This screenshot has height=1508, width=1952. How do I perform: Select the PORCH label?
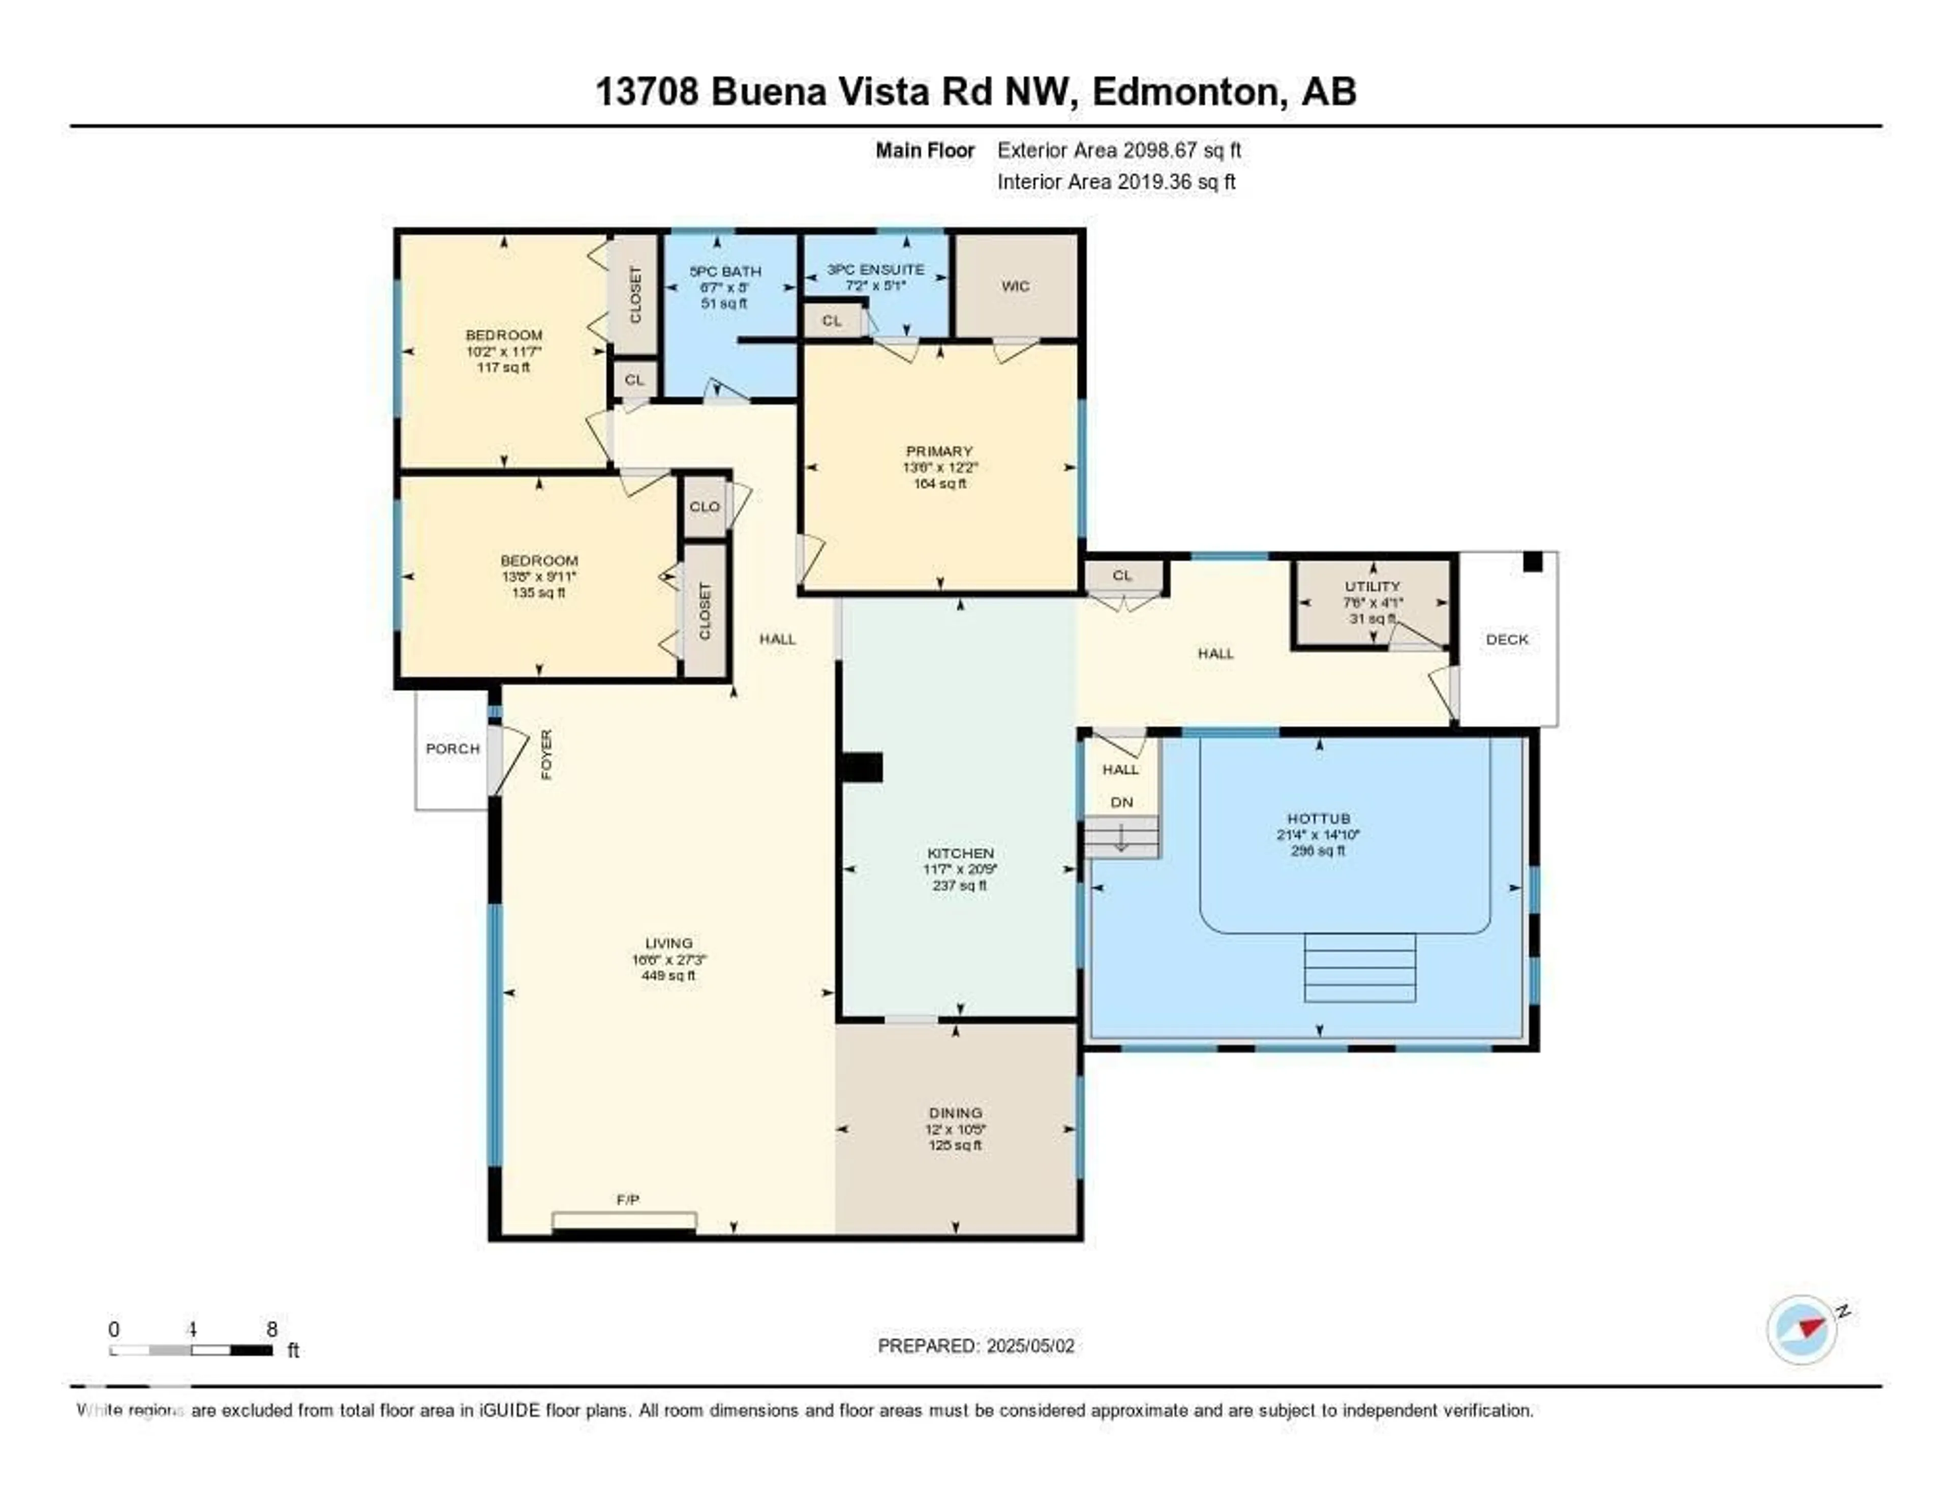452,749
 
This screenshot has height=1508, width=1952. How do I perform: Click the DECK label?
1507,639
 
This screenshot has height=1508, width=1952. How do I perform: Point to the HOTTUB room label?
1318,818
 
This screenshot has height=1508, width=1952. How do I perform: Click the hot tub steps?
1359,967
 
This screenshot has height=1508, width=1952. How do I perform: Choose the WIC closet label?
1015,286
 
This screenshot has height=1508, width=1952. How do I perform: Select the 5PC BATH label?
725,271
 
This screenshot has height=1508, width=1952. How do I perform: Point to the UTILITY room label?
1372,586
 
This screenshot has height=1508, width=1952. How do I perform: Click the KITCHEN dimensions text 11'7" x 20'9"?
960,869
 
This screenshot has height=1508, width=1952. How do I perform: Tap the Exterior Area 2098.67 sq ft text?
1119,150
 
